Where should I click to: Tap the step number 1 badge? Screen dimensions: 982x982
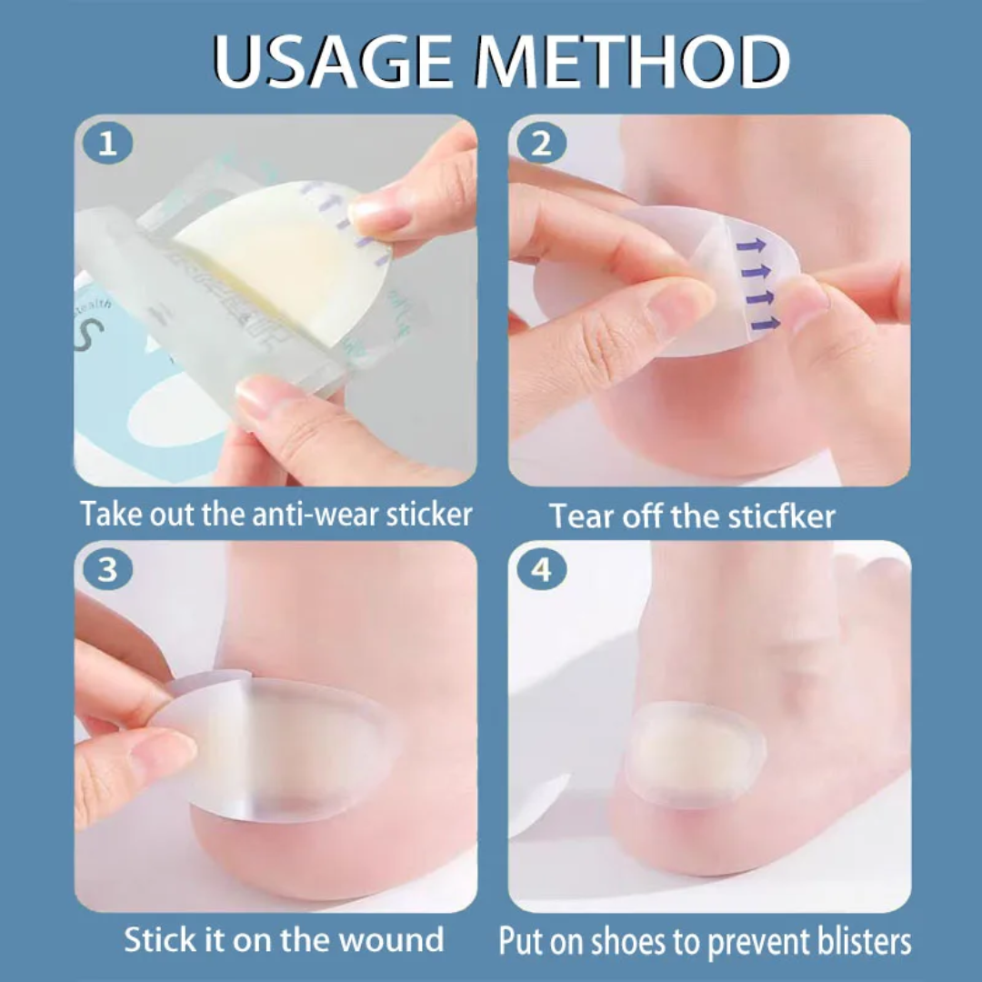coord(107,144)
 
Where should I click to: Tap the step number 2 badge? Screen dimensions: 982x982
coord(542,144)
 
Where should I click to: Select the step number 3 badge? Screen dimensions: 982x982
coord(107,570)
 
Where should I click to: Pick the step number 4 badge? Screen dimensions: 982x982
coord(542,570)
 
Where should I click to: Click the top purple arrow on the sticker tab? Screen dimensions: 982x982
coord(751,245)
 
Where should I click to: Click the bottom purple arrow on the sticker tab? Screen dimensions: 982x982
coord(766,323)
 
